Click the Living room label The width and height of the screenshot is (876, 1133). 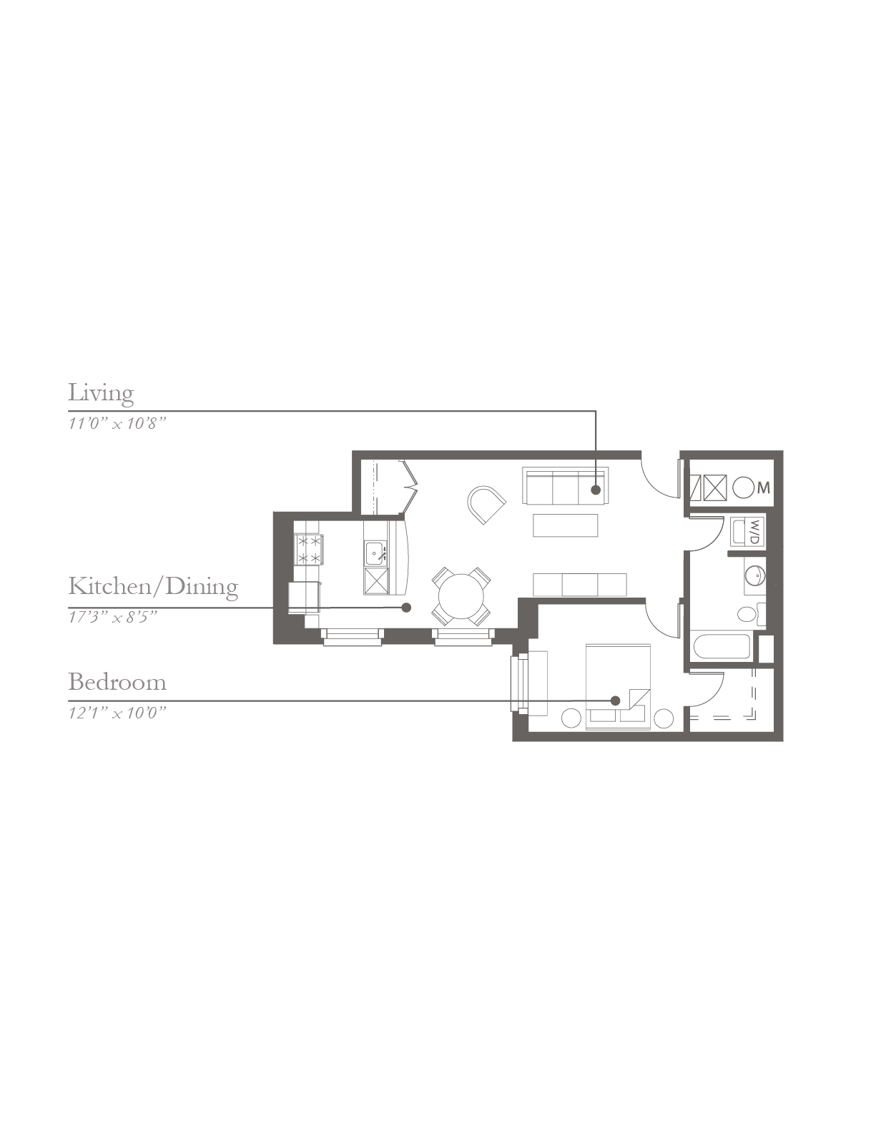tap(101, 394)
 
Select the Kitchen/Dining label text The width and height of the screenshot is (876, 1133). tap(153, 587)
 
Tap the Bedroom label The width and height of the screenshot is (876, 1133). tap(117, 683)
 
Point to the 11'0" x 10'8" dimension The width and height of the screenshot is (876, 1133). tap(117, 423)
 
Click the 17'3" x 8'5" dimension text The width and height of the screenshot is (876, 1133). tap(113, 618)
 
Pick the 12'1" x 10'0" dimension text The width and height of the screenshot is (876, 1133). tap(117, 713)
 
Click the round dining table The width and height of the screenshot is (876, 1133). tap(461, 596)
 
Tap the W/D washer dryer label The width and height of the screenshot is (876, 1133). tap(757, 532)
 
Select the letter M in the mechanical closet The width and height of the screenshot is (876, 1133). tap(764, 488)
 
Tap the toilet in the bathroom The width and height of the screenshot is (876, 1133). tap(752, 614)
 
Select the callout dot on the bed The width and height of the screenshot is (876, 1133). tap(615, 701)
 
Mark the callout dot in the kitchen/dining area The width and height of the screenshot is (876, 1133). tap(406, 608)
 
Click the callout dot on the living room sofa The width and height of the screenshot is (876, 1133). tap(596, 490)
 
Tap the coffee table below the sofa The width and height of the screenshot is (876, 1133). tap(566, 525)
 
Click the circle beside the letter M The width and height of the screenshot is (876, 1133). tap(742, 488)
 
